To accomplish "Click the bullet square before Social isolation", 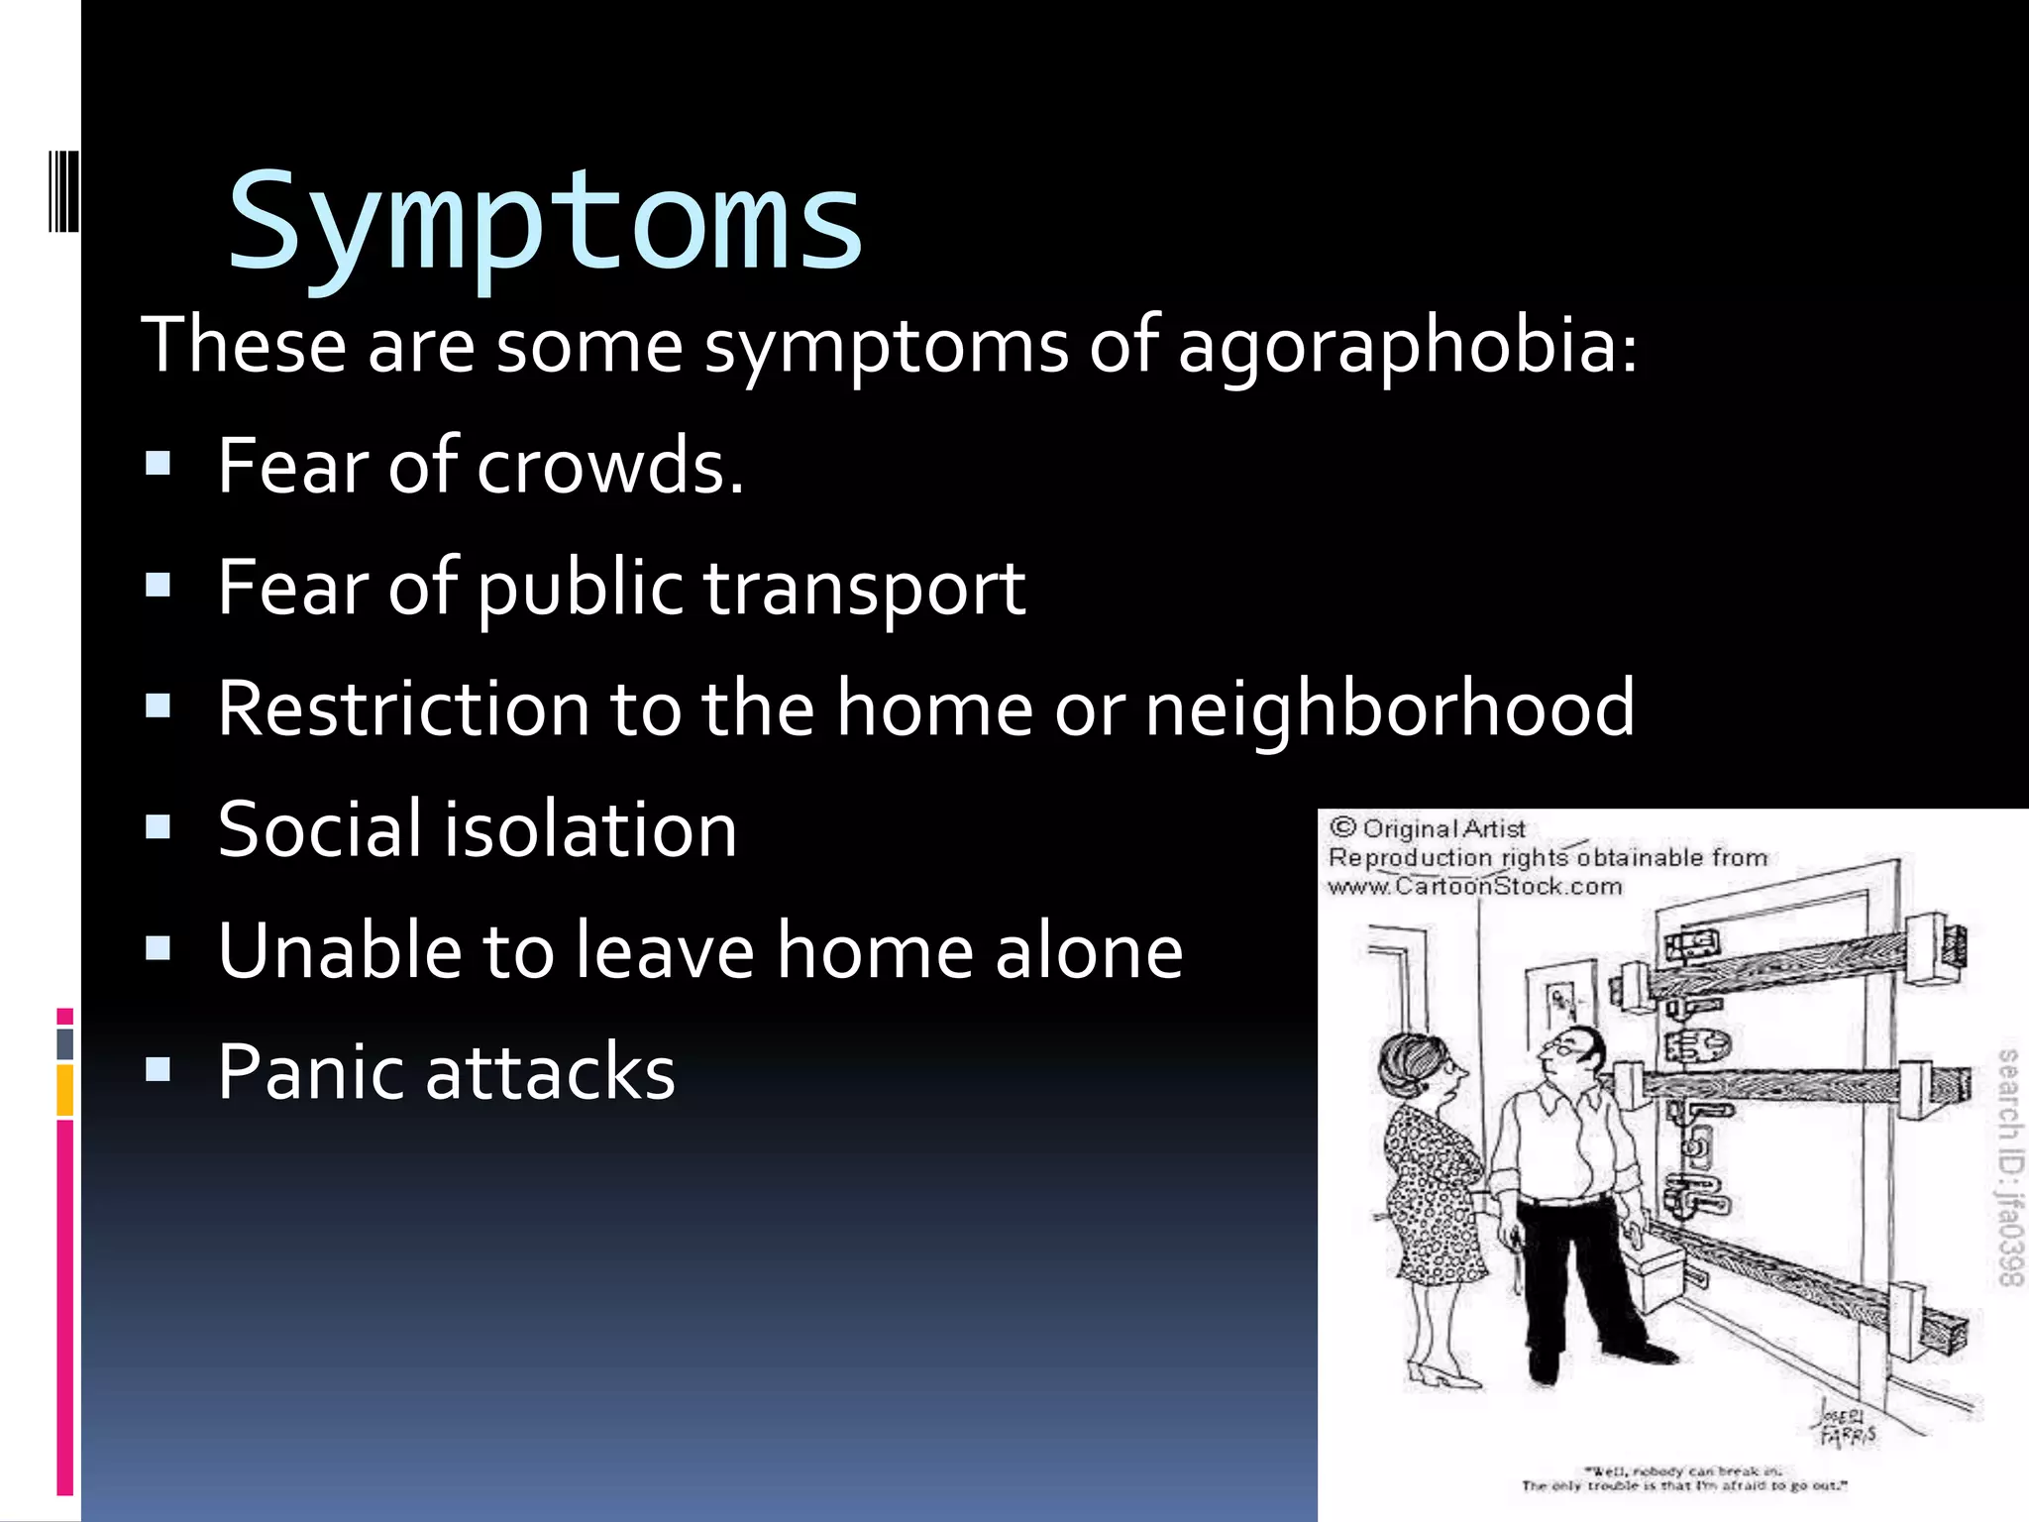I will click(158, 827).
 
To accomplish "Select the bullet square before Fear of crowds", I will click(158, 464).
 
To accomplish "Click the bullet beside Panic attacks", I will click(158, 1070).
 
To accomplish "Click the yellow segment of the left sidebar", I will click(65, 1090).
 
